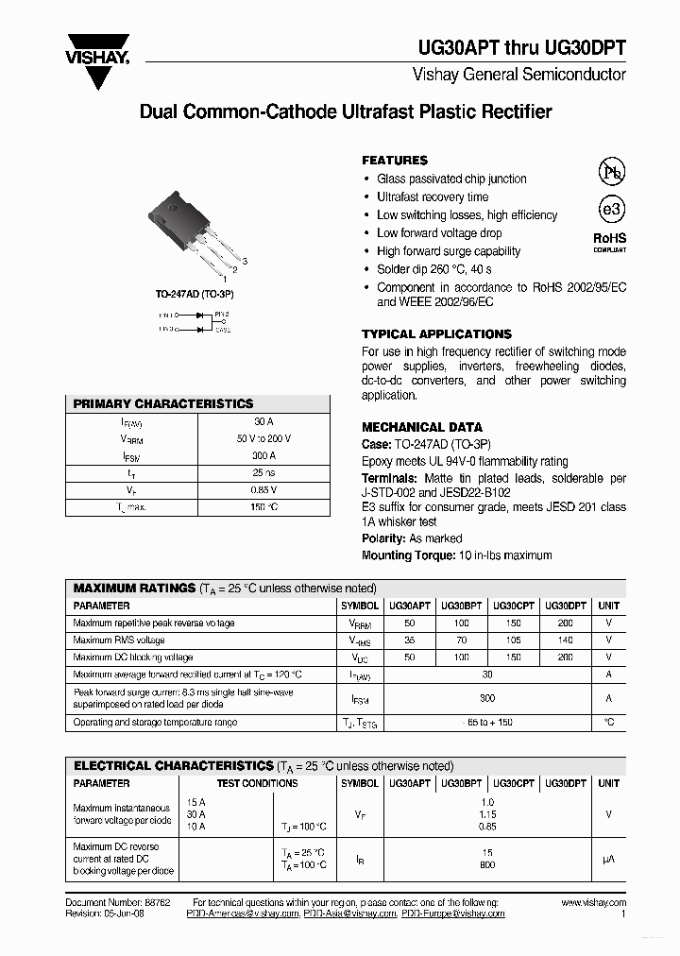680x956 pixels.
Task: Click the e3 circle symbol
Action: (611, 210)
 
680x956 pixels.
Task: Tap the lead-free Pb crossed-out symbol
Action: (611, 171)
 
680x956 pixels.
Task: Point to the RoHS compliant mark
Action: (609, 243)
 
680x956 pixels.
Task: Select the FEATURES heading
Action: (395, 161)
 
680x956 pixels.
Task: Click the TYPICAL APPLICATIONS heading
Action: (436, 334)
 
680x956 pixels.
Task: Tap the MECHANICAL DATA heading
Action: (422, 427)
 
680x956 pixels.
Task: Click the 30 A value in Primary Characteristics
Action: (263, 421)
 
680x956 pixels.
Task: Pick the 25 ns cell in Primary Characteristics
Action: (263, 472)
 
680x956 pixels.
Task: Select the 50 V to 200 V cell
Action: (263, 438)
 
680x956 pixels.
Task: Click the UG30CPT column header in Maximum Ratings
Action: (513, 606)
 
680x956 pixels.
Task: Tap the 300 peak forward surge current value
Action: (487, 698)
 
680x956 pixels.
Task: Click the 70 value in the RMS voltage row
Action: (461, 640)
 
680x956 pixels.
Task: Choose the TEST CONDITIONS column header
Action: (257, 783)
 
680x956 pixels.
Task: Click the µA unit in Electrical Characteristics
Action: (609, 859)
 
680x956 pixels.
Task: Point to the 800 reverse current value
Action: (487, 864)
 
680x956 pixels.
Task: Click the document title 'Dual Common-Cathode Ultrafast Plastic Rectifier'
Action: (346, 111)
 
